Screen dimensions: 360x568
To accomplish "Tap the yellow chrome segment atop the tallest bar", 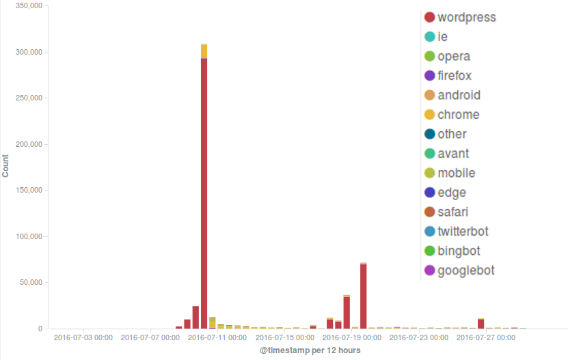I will click(204, 52).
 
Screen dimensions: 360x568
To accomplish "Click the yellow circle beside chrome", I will click(430, 115).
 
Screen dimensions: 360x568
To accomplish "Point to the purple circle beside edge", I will click(430, 193).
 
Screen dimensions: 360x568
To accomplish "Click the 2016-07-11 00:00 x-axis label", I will click(217, 337).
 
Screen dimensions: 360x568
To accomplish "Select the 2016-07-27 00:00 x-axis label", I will click(487, 337).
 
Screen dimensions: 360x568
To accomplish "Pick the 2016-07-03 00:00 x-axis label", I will click(83, 337).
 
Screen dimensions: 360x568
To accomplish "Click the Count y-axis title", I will click(6, 166).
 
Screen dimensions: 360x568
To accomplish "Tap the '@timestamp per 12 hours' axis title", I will click(310, 350).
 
